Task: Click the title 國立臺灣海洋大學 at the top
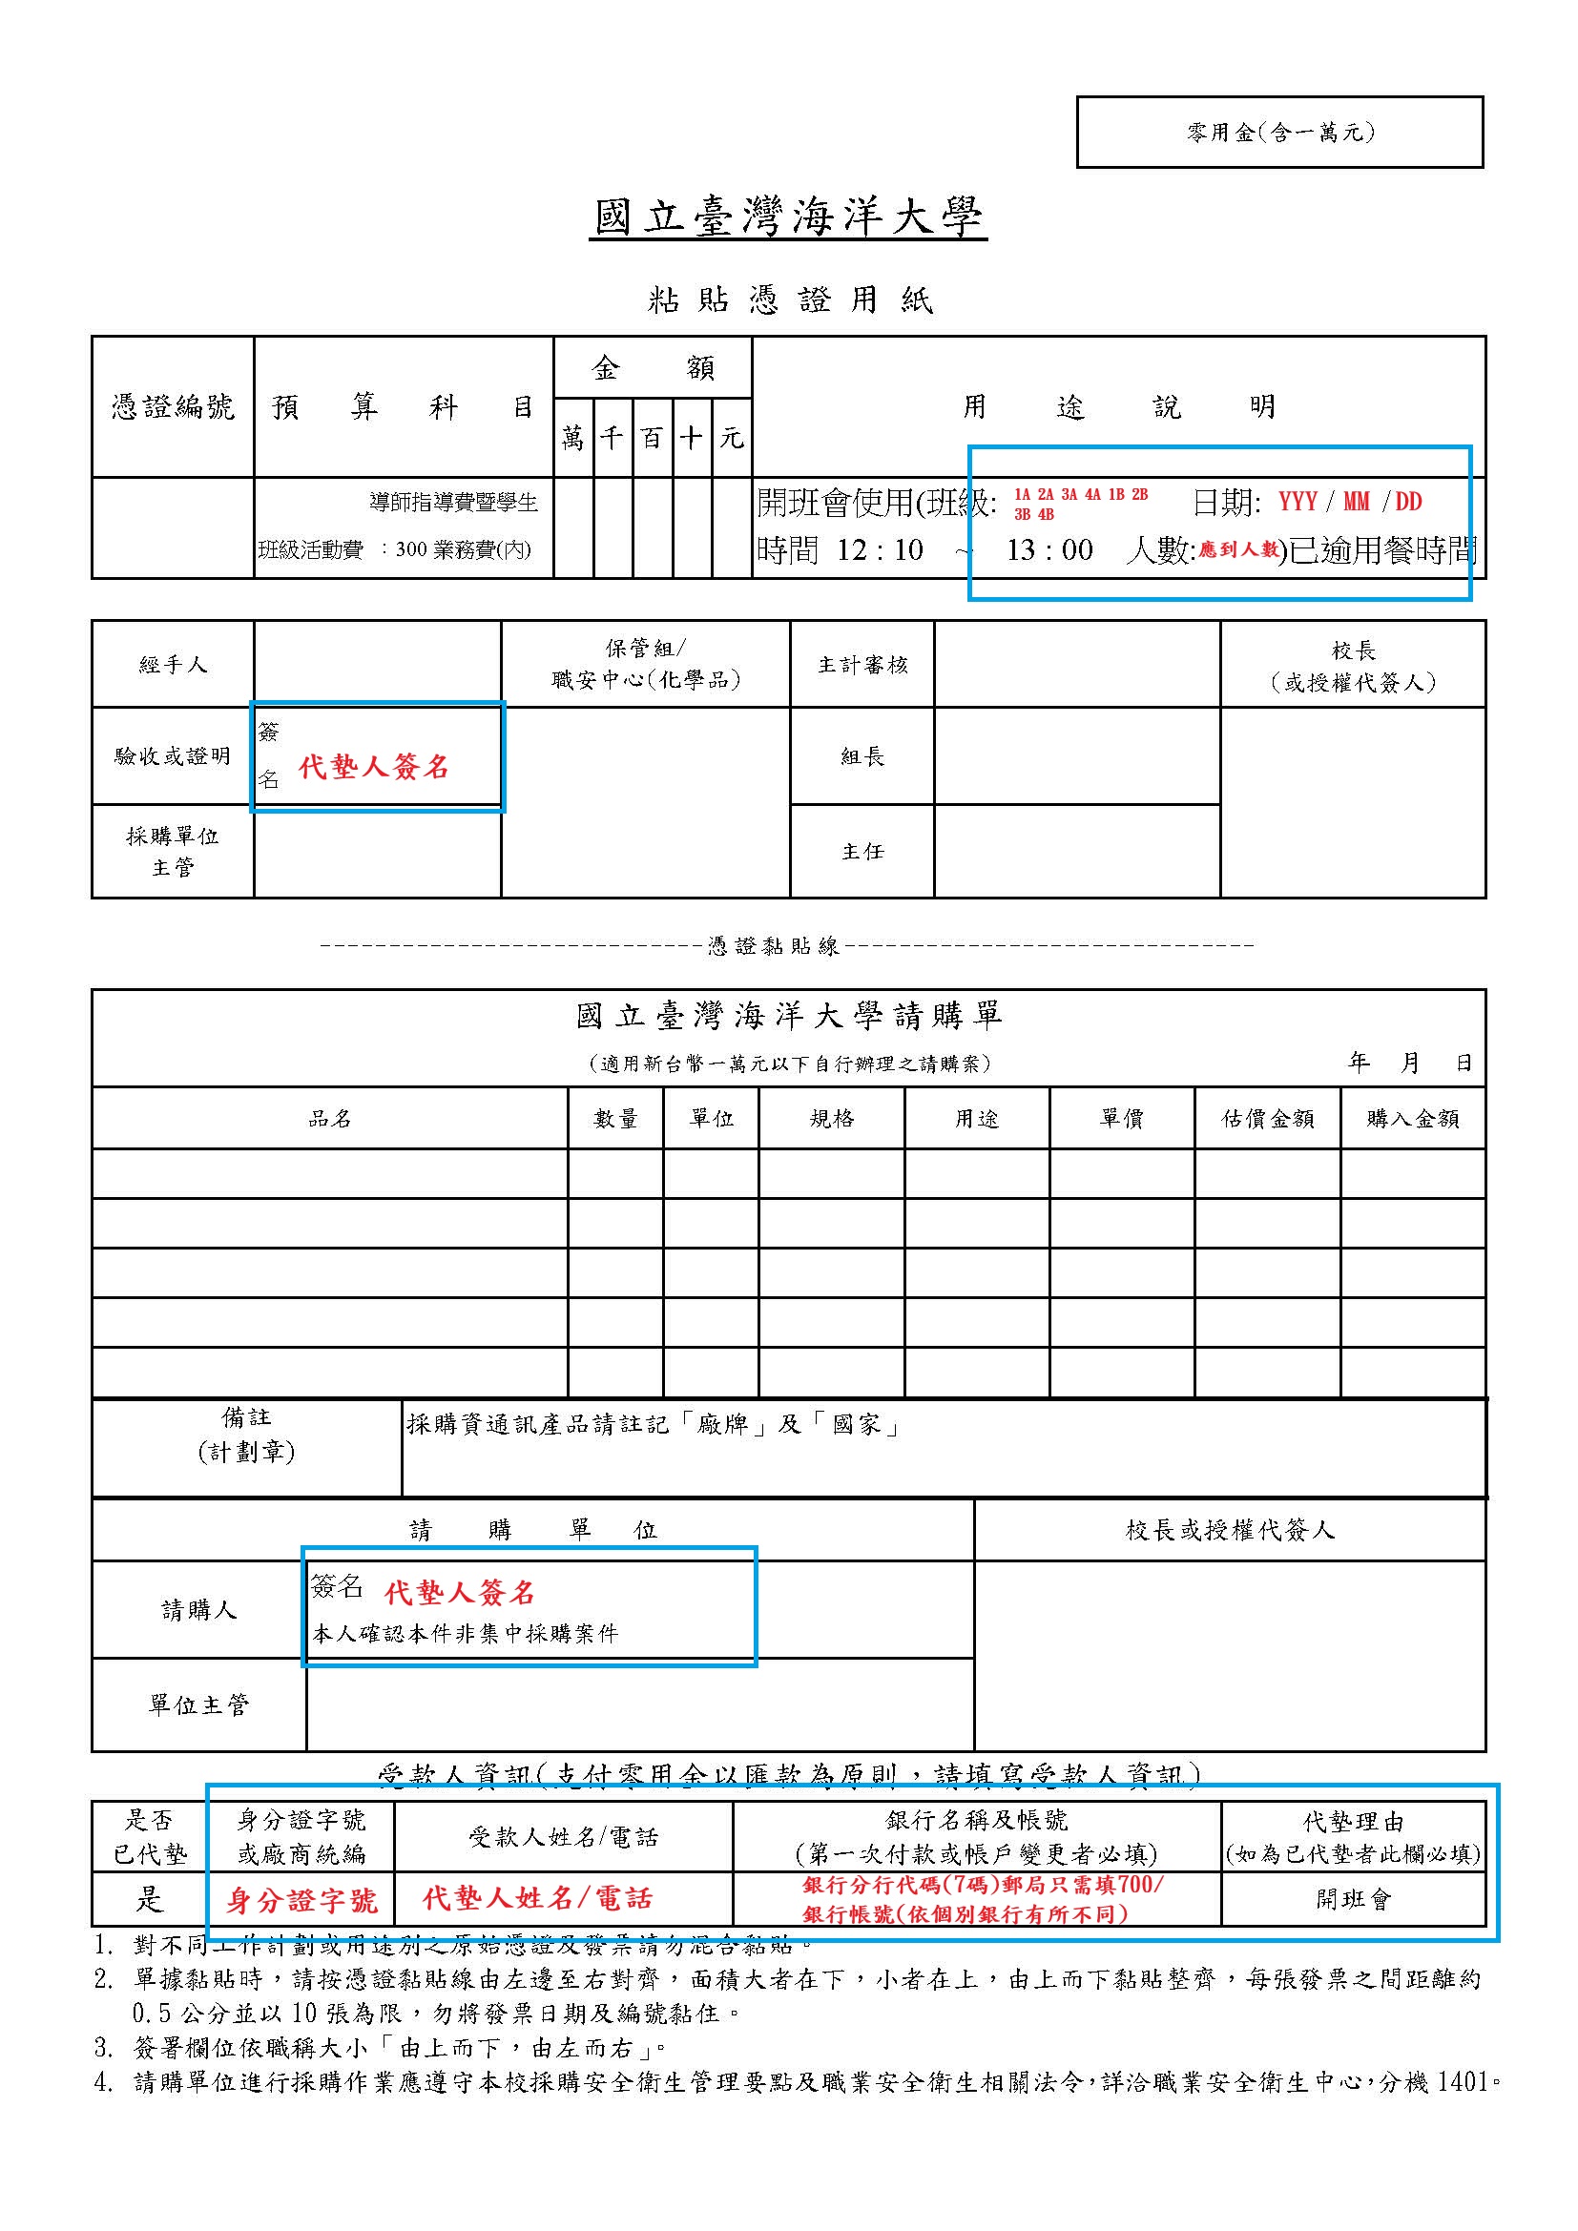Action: click(788, 217)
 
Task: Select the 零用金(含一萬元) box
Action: click(1279, 133)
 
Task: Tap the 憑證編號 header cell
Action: click(173, 406)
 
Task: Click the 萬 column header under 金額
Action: click(573, 438)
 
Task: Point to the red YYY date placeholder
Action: click(1298, 502)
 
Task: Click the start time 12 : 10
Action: click(881, 550)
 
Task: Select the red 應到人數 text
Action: click(1238, 550)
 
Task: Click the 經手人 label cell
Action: click(173, 665)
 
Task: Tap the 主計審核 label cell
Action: click(862, 665)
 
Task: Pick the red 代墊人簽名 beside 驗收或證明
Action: click(374, 768)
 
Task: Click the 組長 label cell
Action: click(862, 756)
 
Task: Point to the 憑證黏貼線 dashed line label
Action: click(774, 945)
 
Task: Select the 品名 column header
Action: click(329, 1119)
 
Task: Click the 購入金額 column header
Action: click(1413, 1119)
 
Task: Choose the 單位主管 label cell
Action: click(199, 1705)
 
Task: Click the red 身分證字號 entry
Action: click(301, 1901)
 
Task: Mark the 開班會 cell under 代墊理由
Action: click(1354, 1900)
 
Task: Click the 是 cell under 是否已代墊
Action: click(150, 1900)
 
